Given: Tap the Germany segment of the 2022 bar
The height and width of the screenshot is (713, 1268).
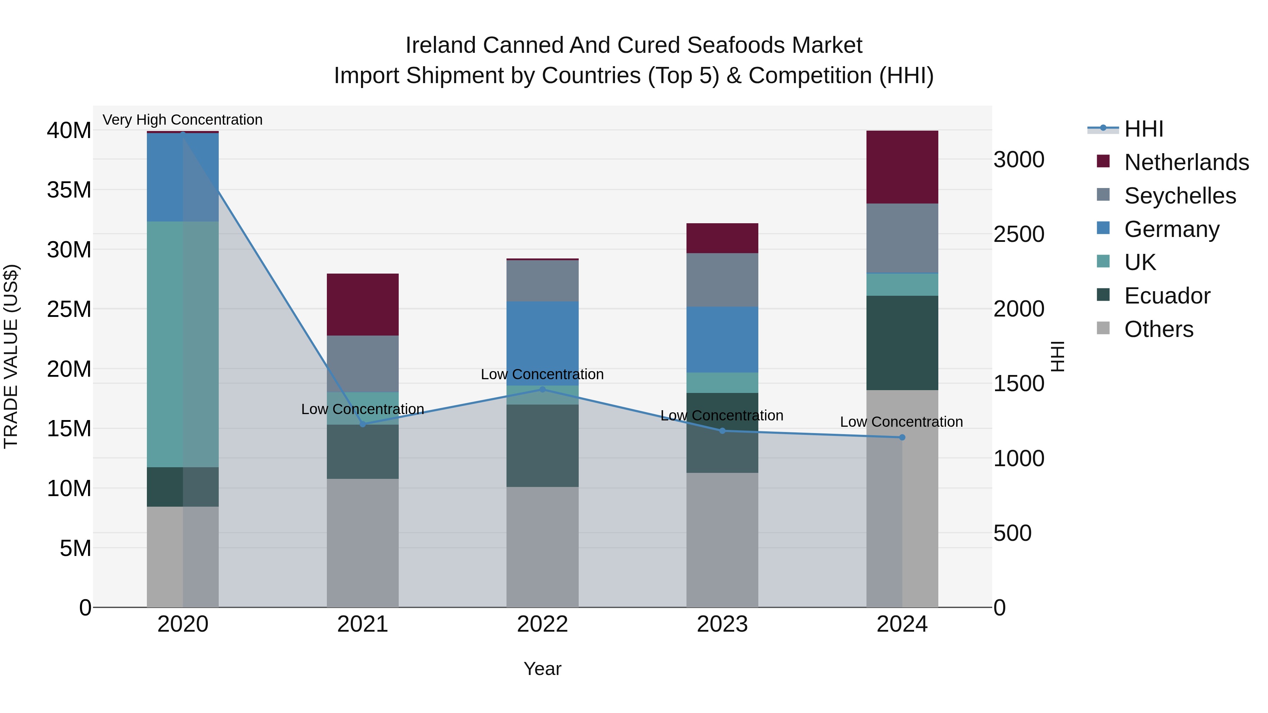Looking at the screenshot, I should pos(542,343).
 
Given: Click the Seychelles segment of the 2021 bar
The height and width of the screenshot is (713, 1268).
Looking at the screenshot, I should pos(362,364).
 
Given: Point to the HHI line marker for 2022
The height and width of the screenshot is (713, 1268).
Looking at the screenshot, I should pos(542,389).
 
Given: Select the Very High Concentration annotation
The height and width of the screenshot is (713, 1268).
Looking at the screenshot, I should pos(182,120).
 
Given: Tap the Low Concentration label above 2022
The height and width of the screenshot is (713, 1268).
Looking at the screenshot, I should pos(542,375).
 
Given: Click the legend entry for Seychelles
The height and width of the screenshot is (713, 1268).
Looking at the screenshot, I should pos(1180,196).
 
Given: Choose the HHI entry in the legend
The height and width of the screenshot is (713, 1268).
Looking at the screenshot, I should pos(1143,129).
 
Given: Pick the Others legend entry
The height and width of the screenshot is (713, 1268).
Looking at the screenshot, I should pos(1159,329).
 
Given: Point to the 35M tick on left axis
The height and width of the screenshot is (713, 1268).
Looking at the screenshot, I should pos(69,190).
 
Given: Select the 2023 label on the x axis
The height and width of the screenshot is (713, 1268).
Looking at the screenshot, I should pos(722,624).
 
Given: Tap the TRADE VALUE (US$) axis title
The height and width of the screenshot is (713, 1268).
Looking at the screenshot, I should pos(11,356).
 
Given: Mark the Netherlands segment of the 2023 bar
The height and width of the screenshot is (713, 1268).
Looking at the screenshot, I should pos(722,238).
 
